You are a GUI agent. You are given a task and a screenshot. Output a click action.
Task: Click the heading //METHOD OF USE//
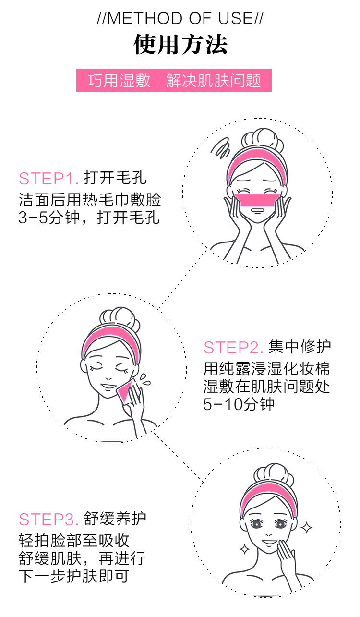pyautogui.click(x=180, y=19)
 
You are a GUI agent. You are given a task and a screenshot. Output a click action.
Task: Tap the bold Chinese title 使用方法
pyautogui.click(x=180, y=45)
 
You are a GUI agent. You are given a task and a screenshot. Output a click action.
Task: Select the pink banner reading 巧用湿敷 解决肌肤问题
pyautogui.click(x=174, y=80)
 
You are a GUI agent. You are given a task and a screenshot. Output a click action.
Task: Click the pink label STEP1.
pyautogui.click(x=48, y=179)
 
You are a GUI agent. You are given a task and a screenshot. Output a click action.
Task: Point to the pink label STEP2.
pyautogui.click(x=233, y=347)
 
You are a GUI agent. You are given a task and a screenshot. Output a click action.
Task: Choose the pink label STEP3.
pyautogui.click(x=48, y=519)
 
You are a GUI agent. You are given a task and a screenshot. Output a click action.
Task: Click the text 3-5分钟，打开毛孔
pyautogui.click(x=89, y=218)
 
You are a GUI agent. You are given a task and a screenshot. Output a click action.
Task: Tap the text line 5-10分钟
pyautogui.click(x=239, y=403)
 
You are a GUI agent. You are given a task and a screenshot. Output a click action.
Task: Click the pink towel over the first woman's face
pyautogui.click(x=258, y=198)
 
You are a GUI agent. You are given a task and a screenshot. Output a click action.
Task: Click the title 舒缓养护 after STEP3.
pyautogui.click(x=114, y=519)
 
